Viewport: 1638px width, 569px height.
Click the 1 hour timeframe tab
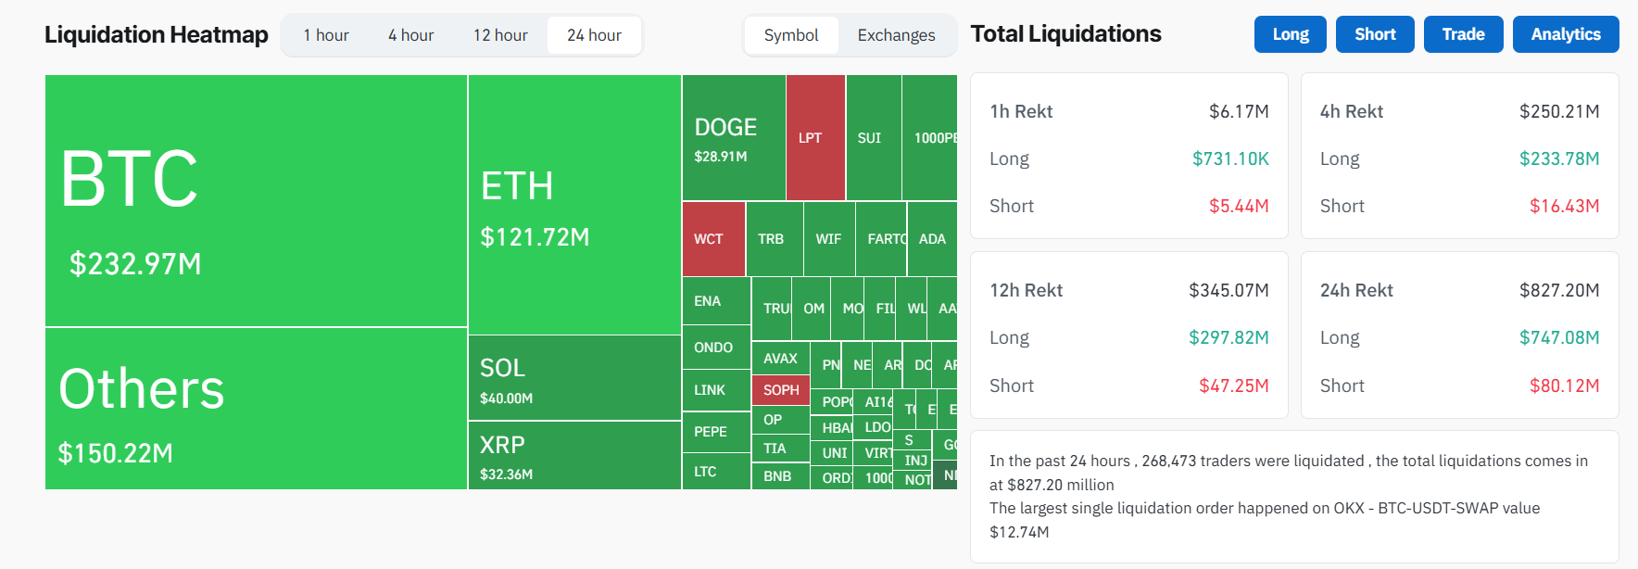point(326,35)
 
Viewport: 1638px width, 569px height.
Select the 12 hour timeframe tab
point(500,35)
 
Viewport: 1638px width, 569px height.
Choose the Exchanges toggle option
point(896,35)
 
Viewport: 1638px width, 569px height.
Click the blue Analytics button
point(1565,34)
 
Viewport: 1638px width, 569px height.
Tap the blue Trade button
point(1463,34)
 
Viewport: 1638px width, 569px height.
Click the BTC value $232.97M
point(135,264)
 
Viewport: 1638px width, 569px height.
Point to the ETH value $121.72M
point(535,237)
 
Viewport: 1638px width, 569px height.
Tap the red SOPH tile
point(781,390)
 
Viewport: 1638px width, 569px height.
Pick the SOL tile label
point(502,368)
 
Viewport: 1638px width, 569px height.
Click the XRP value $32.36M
point(506,474)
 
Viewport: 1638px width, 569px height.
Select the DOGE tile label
point(725,127)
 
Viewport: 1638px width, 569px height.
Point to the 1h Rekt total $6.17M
point(1239,111)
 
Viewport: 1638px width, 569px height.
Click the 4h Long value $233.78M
point(1558,158)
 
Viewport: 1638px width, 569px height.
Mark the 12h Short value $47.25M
point(1233,386)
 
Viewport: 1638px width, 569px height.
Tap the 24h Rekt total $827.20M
point(1558,290)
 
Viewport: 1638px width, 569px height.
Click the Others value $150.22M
point(116,453)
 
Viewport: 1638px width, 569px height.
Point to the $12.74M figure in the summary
point(1019,532)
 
